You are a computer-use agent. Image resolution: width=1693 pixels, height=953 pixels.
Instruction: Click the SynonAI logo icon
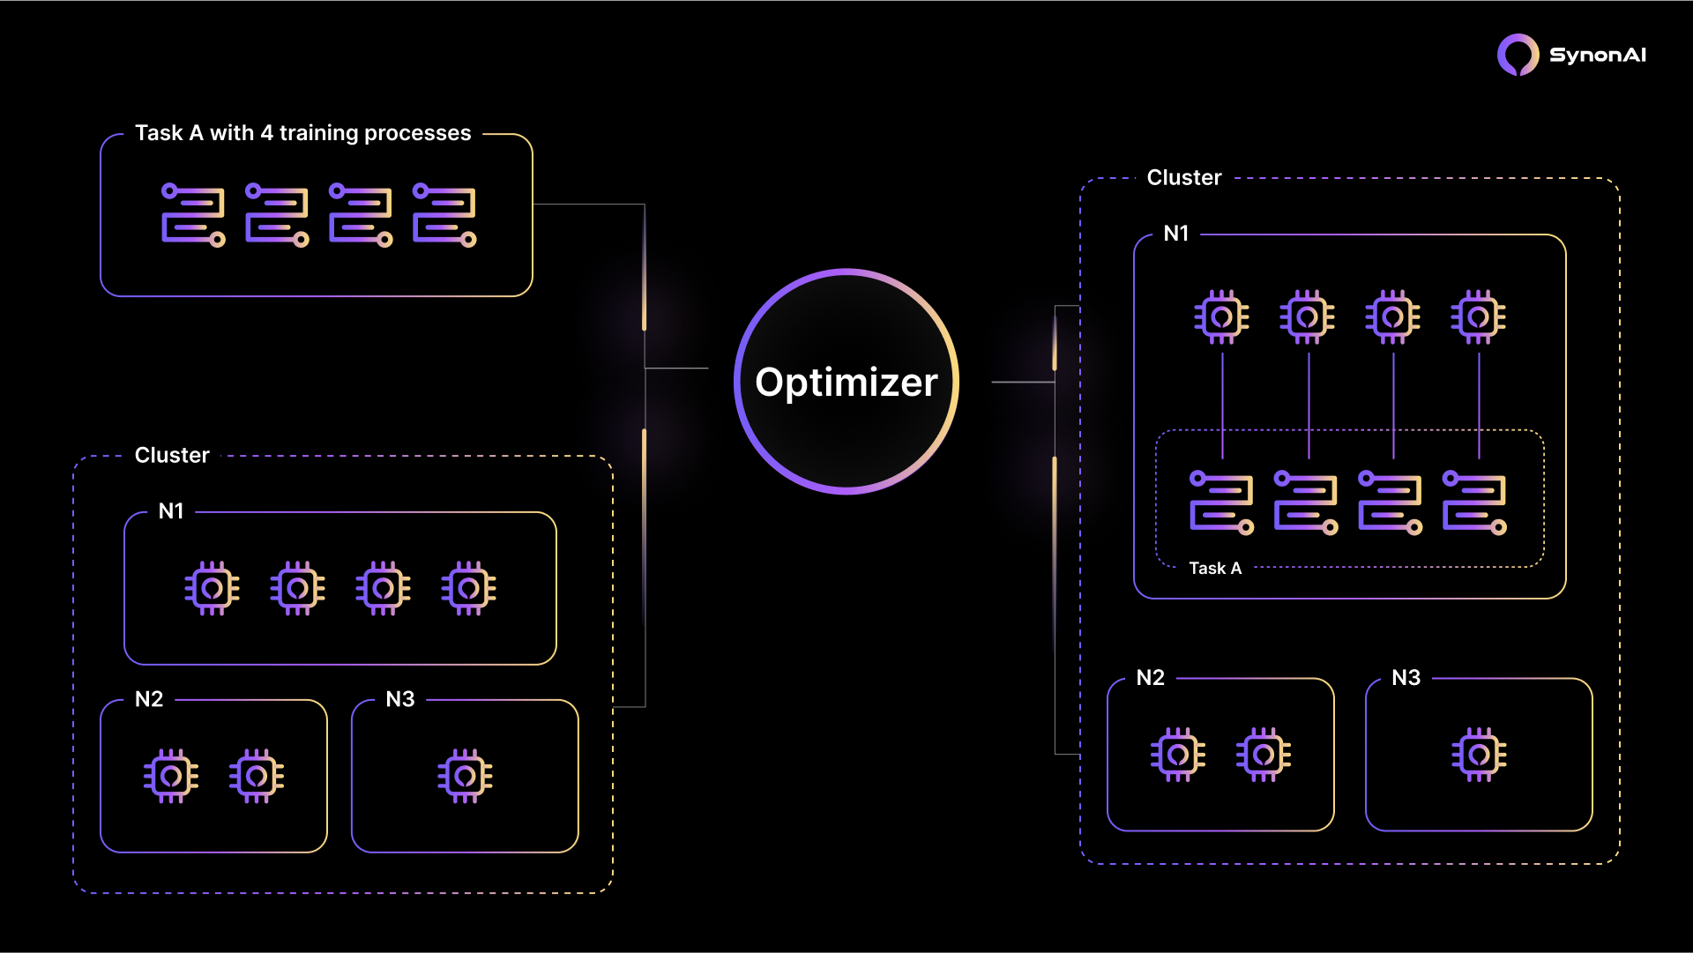(1518, 55)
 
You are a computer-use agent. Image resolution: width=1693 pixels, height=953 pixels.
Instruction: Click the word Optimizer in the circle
(846, 383)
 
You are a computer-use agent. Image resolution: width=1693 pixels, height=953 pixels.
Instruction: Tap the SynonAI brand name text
(1597, 56)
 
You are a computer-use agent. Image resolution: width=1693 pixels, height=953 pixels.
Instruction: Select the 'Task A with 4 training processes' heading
(303, 133)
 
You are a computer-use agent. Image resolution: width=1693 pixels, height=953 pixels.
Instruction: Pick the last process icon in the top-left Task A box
(444, 215)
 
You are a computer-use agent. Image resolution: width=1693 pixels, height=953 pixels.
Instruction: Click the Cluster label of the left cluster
(172, 456)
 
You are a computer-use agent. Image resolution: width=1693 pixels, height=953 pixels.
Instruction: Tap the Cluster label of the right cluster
(1184, 178)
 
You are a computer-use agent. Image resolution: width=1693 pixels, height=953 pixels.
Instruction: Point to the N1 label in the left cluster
(171, 511)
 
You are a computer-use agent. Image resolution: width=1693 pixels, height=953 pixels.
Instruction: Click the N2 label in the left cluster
(149, 700)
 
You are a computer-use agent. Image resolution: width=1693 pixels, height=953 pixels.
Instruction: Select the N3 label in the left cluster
(400, 700)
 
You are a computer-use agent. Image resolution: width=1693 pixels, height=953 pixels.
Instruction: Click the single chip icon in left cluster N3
(465, 776)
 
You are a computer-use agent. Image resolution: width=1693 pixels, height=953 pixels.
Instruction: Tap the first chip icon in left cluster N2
(171, 776)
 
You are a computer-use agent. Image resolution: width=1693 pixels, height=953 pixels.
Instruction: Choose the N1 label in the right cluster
(1176, 234)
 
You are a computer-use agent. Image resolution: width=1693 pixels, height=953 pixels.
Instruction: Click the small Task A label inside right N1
(1215, 569)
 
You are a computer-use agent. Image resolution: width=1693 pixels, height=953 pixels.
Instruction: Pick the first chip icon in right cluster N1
(1221, 316)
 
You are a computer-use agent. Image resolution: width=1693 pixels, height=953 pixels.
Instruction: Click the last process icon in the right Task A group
(1474, 503)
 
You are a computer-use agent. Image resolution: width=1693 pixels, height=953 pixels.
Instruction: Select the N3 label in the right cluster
(1406, 678)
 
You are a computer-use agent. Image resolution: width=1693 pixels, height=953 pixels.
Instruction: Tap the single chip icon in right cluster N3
(1479, 755)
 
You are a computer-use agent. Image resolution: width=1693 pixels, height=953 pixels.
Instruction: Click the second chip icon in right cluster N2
(1263, 755)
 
